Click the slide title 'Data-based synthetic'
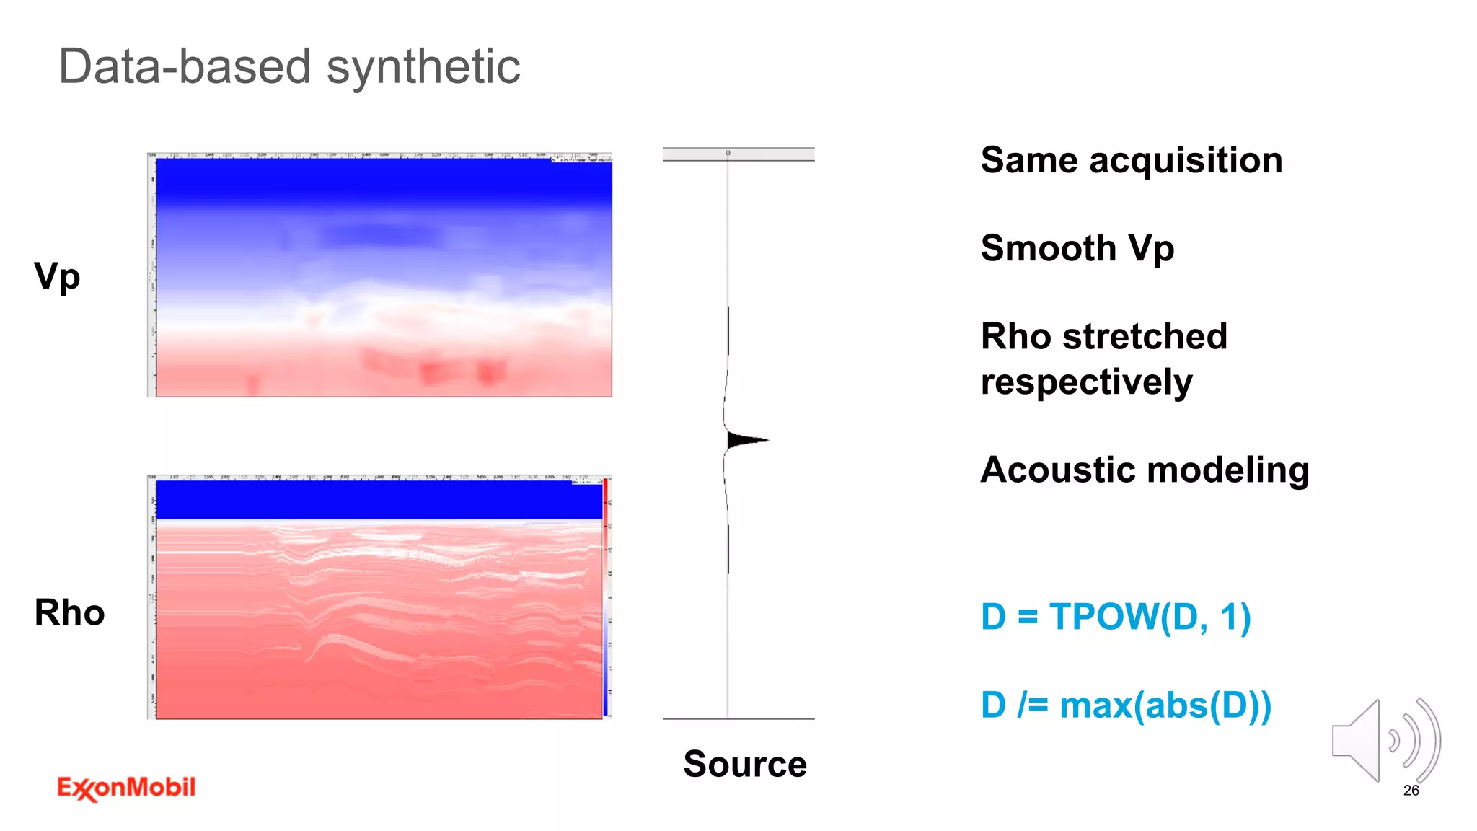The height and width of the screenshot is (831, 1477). tap(288, 66)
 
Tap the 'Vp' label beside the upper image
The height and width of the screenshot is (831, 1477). tap(57, 276)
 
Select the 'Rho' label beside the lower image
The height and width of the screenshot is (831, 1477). tap(69, 612)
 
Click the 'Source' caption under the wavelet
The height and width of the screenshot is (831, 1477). tap(745, 764)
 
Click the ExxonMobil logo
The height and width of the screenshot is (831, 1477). tap(126, 788)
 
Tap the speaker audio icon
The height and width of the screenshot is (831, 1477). tap(1385, 741)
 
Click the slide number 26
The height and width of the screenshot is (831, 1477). tap(1411, 791)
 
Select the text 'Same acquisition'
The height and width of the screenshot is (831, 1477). tap(1131, 160)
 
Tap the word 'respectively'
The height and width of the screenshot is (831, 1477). tap(1086, 382)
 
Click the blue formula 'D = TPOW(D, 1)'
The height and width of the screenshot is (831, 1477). tap(1115, 617)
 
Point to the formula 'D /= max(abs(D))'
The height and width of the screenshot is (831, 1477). tap(1125, 705)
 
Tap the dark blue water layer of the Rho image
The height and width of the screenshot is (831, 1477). tap(379, 499)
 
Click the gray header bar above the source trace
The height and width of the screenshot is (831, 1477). tap(738, 154)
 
